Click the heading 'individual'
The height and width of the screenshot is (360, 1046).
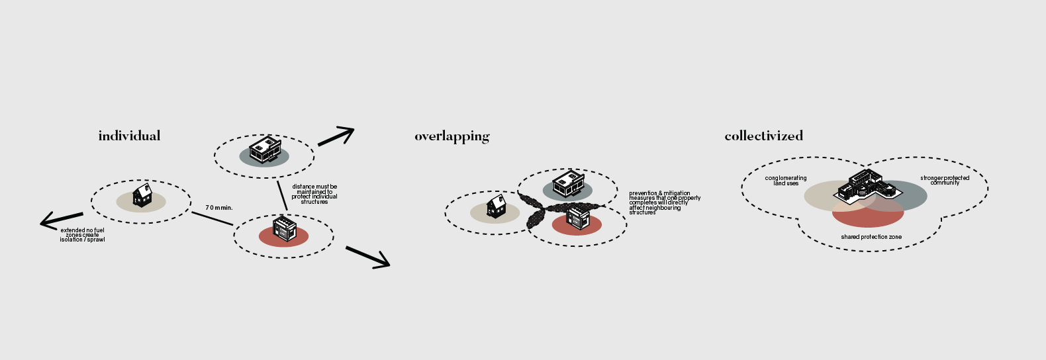coord(129,136)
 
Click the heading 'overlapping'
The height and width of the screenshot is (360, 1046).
coord(452,136)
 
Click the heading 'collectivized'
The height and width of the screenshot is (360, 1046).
coord(763,136)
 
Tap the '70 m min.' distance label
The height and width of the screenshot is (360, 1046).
coord(219,208)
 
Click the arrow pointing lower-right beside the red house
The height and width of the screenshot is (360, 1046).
coord(368,257)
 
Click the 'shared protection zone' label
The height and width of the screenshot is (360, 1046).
coord(871,237)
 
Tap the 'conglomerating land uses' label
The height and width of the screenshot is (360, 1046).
coord(786,181)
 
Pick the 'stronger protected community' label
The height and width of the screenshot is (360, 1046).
coord(945,180)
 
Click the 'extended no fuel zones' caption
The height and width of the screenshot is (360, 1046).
coord(82,235)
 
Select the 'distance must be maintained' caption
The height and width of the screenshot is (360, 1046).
coord(314,194)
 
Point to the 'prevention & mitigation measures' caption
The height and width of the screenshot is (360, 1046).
coord(664,202)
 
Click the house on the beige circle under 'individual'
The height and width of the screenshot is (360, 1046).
coord(142,195)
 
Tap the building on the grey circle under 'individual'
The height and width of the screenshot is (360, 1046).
coord(265,149)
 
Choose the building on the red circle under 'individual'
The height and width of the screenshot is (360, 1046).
coord(285,228)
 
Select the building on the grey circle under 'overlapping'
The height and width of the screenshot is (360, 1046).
coord(568,183)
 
